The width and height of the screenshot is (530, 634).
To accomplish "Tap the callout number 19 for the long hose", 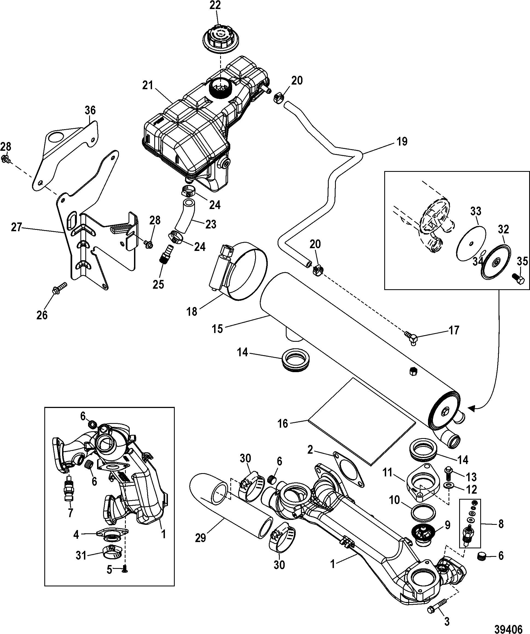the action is [402, 142].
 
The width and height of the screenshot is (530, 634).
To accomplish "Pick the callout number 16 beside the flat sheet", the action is [283, 424].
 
